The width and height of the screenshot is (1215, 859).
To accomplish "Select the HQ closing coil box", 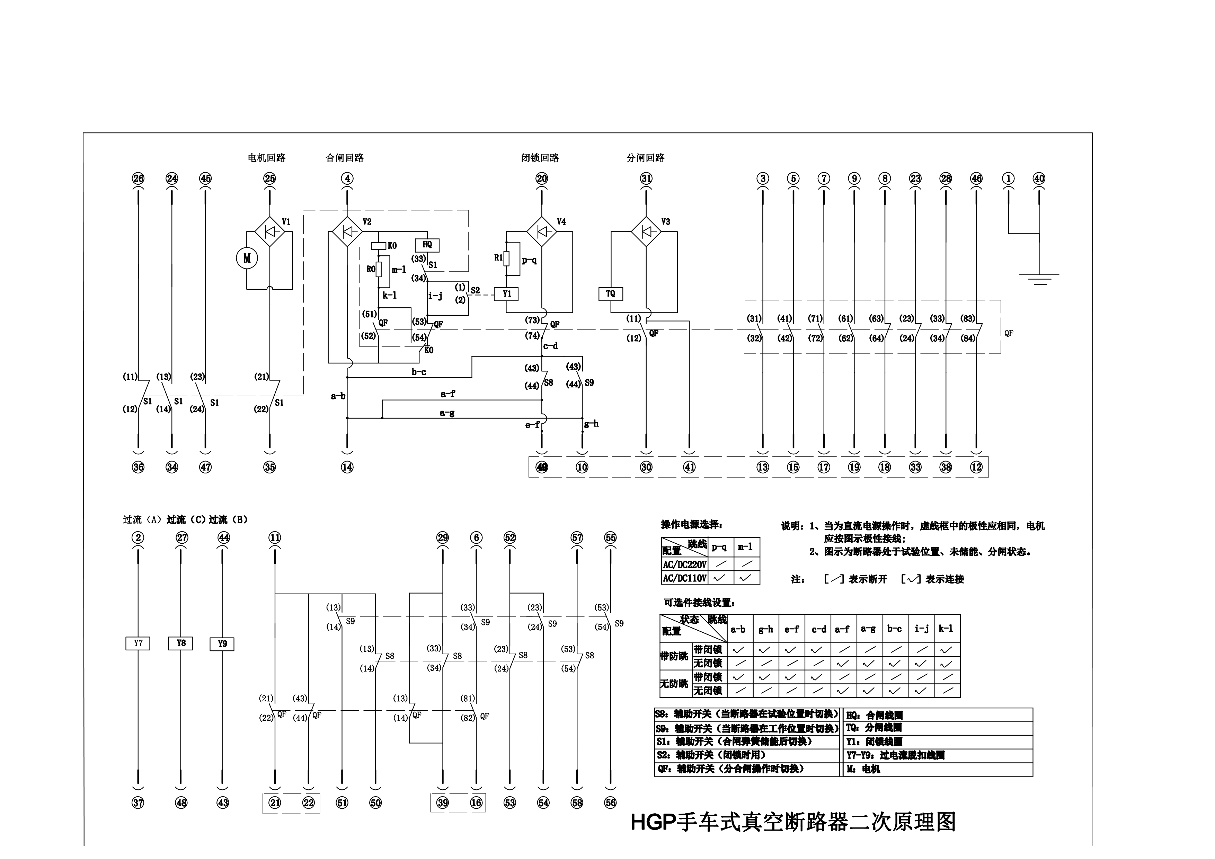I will [427, 245].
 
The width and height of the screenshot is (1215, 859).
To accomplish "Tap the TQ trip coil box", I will [611, 294].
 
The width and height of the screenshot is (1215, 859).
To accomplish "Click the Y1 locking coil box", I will [506, 294].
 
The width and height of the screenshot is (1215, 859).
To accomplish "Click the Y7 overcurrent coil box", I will [138, 643].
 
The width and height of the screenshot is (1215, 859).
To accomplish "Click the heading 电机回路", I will [267, 158].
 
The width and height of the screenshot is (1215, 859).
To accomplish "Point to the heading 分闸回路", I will [645, 158].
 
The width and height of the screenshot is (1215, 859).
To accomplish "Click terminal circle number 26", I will [138, 178].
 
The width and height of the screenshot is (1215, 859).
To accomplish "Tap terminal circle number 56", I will [611, 803].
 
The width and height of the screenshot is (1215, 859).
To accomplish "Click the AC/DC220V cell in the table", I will [684, 564].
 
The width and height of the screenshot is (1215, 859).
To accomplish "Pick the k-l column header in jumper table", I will [947, 629].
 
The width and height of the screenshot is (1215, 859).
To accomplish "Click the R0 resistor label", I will [371, 269].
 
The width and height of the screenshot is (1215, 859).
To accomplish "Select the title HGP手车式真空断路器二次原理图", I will [793, 822].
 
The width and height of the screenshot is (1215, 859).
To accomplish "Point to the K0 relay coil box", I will [378, 246].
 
